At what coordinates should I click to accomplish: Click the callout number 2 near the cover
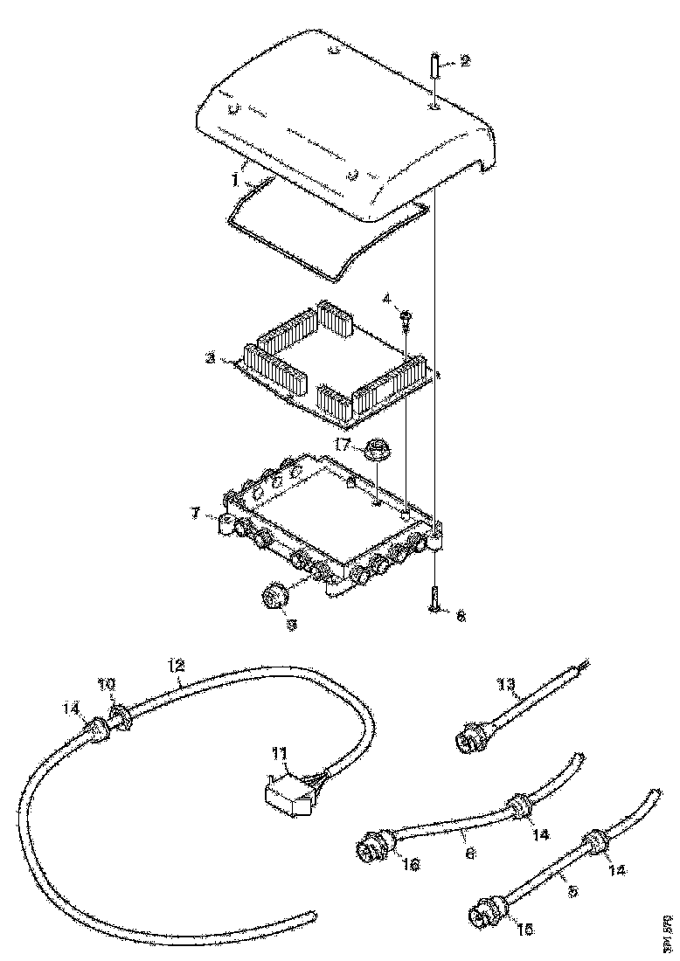point(465,60)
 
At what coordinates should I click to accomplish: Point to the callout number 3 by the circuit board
point(211,358)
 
